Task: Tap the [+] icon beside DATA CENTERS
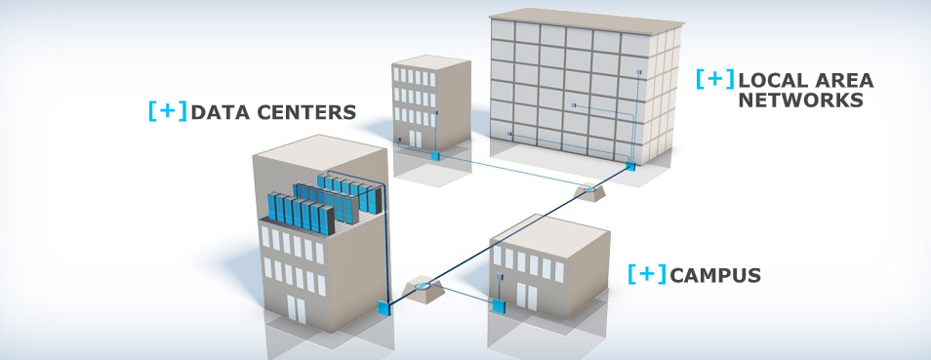[167, 111]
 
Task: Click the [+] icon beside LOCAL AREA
[714, 80]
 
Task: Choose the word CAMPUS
[716, 276]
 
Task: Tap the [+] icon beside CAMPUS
[647, 275]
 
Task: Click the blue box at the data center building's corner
[384, 308]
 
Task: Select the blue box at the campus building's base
[499, 306]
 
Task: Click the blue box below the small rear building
[435, 154]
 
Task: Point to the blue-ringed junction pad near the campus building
[423, 289]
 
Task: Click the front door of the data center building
[295, 309]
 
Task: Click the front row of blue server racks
[301, 214]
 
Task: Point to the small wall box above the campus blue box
[500, 276]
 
